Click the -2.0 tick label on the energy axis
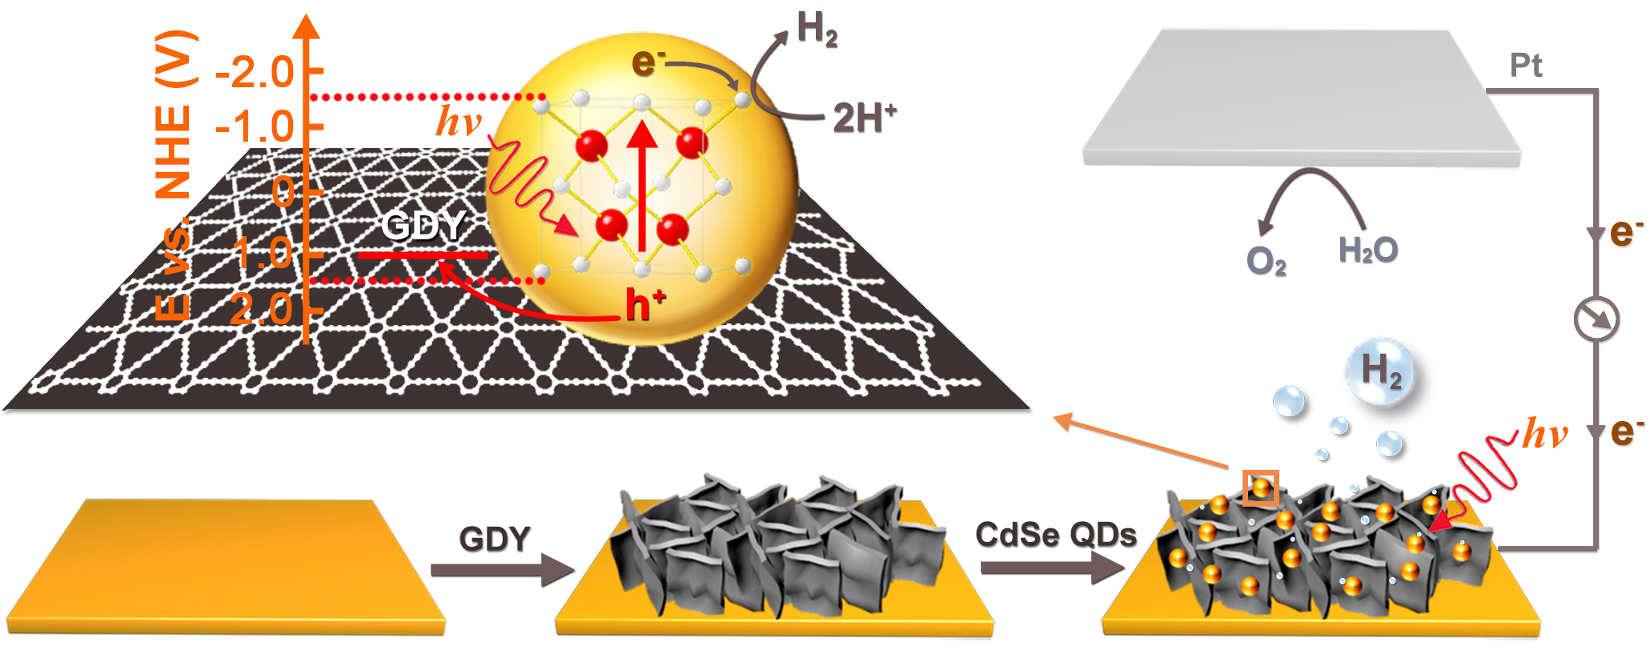pyautogui.click(x=255, y=73)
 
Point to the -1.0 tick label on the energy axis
pyautogui.click(x=255, y=127)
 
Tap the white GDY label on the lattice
pyautogui.click(x=423, y=226)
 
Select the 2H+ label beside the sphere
pyautogui.click(x=864, y=118)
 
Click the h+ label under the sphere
pyautogui.click(x=644, y=305)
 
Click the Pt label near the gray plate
pyautogui.click(x=1525, y=66)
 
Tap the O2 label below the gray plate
pyautogui.click(x=1266, y=261)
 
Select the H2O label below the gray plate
pyautogui.click(x=1368, y=251)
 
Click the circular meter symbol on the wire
pyautogui.click(x=1596, y=319)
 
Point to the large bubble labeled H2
pyautogui.click(x=1381, y=371)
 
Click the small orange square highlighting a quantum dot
pyautogui.click(x=1260, y=487)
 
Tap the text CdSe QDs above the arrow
pyautogui.click(x=1055, y=535)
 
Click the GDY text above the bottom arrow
pyautogui.click(x=495, y=539)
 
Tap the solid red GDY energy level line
pyautogui.click(x=422, y=255)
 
